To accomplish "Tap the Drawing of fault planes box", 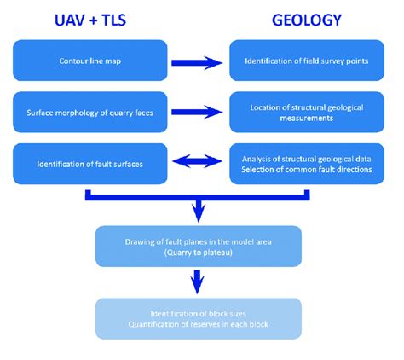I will click(199, 246).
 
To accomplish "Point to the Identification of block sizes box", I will click(199, 317).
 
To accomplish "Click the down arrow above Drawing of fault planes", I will click(199, 208).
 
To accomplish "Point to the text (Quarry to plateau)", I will click(199, 252).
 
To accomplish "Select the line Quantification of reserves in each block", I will click(199, 323).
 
